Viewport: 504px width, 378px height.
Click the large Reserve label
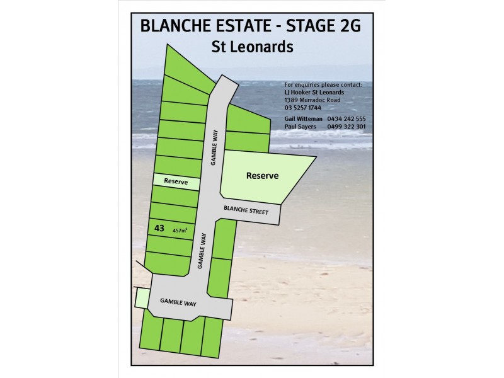click(262, 176)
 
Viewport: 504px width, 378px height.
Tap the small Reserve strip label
click(176, 181)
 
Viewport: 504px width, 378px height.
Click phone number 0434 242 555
click(346, 119)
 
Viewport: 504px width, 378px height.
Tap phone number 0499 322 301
click(346, 126)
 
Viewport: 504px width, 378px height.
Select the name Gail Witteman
click(304, 119)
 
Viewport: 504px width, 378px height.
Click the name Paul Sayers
click(301, 126)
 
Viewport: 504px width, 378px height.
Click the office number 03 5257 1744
click(302, 107)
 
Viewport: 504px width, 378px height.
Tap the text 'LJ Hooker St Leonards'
click(314, 92)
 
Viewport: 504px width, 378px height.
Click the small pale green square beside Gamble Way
click(142, 297)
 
